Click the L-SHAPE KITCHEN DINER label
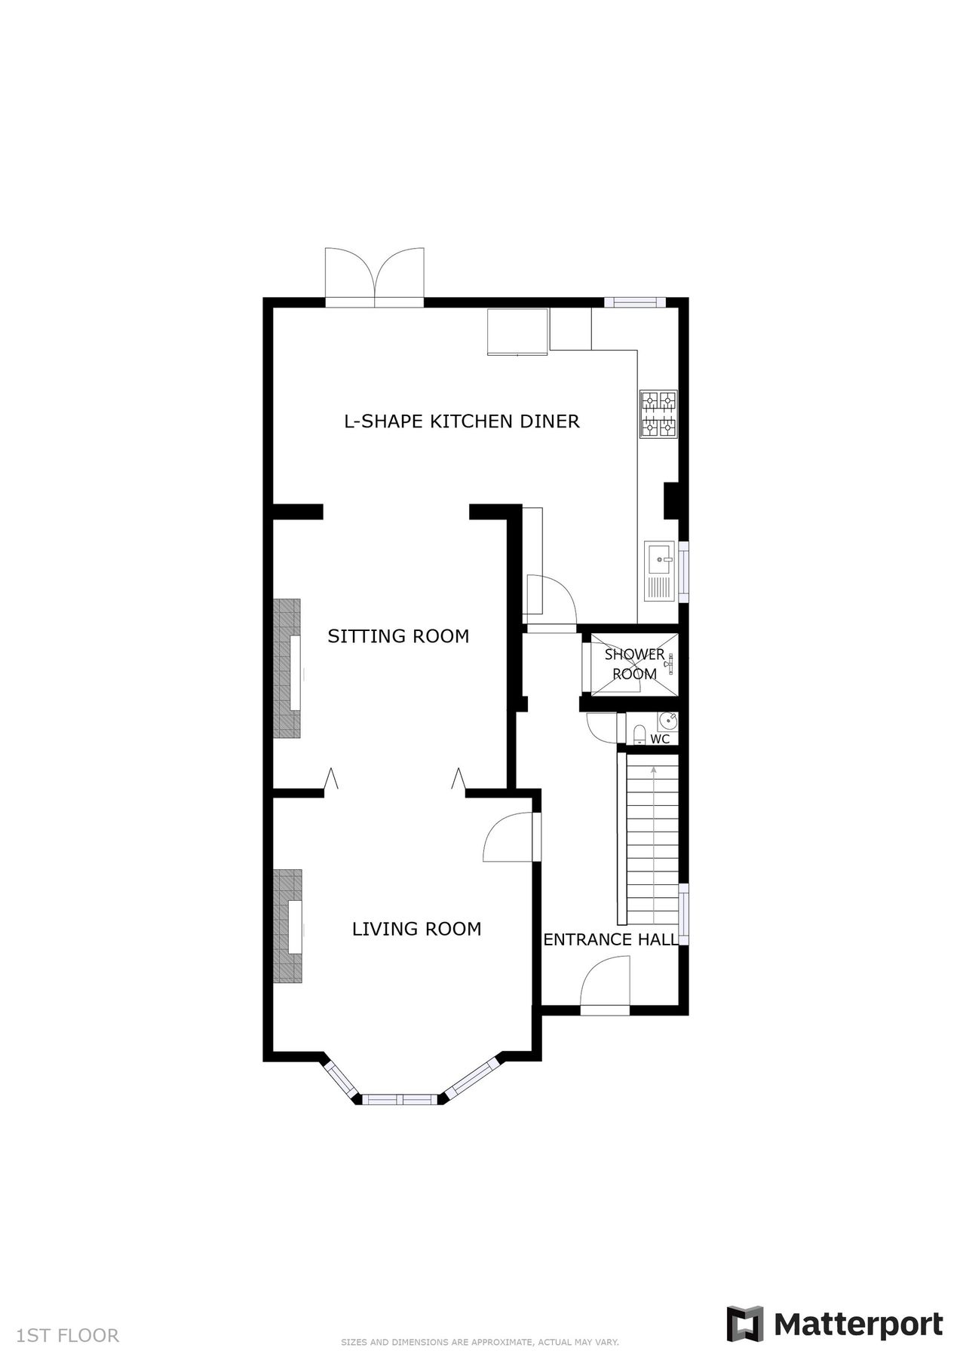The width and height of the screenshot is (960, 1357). (x=462, y=421)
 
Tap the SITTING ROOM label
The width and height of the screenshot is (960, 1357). (x=398, y=636)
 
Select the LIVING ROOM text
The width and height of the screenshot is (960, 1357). (x=416, y=929)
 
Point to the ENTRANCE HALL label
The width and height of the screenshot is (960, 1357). (x=611, y=939)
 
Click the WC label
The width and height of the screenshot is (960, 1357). (x=660, y=740)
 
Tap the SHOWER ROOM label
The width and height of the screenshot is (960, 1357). (x=634, y=664)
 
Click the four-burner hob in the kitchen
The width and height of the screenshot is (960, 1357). (x=658, y=414)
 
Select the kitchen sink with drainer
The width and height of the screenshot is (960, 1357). (x=659, y=571)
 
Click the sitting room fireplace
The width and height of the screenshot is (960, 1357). (x=287, y=669)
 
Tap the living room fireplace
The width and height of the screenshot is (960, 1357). (x=287, y=926)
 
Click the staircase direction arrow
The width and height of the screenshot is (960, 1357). (x=653, y=770)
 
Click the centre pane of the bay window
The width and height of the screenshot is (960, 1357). (x=400, y=1099)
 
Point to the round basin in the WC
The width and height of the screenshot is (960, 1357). (x=667, y=721)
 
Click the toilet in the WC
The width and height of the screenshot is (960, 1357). (x=639, y=734)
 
